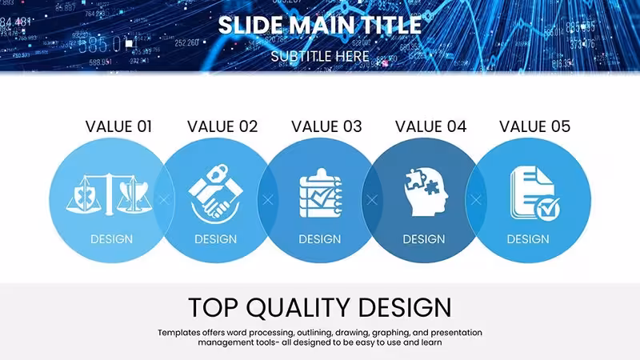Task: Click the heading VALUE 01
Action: [118, 126]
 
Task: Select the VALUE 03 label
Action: [326, 126]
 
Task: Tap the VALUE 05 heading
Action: [534, 126]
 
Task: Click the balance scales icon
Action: [109, 194]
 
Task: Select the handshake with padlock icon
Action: [215, 194]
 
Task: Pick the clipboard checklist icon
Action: [321, 193]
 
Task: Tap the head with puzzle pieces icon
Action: [426, 192]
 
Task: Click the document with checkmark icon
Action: [534, 194]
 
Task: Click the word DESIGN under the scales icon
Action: [111, 239]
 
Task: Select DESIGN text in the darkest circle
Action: [424, 239]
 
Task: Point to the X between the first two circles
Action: [164, 200]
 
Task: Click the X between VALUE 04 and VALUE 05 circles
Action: [476, 200]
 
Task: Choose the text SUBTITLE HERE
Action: [320, 56]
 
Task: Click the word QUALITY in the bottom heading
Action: [298, 308]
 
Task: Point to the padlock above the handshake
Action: [216, 174]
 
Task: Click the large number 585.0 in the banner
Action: [99, 45]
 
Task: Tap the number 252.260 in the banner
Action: [186, 42]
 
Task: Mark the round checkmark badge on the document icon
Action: [547, 210]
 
